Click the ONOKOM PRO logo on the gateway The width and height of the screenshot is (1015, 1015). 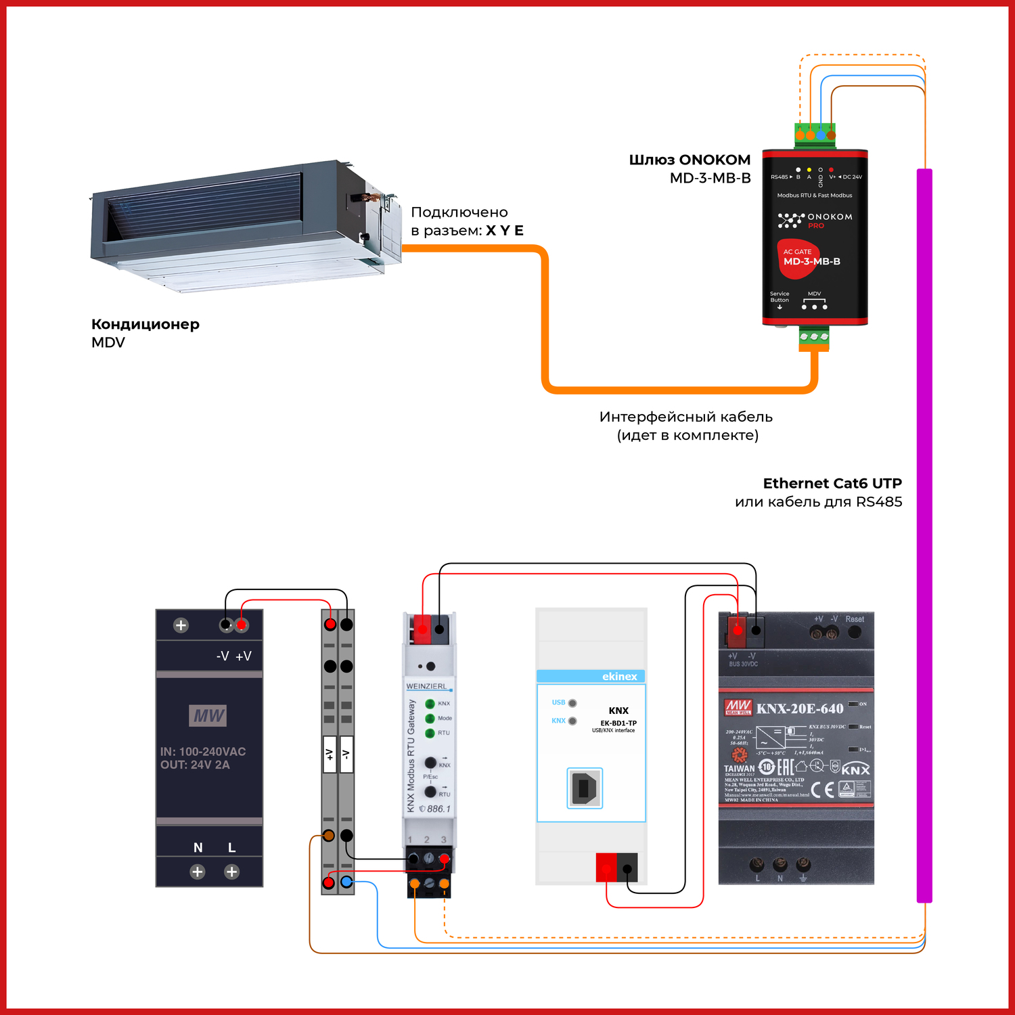[815, 220]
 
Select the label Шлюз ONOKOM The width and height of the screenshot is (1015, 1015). [690, 160]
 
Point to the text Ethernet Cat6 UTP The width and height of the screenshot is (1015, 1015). [832, 483]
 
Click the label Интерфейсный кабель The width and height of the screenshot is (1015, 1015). [685, 417]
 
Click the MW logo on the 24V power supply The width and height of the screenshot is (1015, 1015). [208, 715]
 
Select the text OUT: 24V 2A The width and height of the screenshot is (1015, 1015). [195, 765]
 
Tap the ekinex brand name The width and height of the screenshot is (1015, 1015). [619, 676]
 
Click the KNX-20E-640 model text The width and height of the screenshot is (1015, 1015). [800, 708]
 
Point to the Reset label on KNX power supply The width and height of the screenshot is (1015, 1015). [855, 618]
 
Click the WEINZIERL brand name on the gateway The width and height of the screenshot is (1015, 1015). [426, 686]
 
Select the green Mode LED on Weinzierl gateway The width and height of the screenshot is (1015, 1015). [430, 718]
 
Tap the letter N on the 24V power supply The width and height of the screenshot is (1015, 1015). [198, 847]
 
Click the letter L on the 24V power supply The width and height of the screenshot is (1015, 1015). [231, 847]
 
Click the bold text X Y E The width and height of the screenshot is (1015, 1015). [505, 230]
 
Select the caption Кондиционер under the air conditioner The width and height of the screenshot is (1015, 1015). [145, 324]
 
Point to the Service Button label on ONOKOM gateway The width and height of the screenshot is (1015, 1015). [780, 297]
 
